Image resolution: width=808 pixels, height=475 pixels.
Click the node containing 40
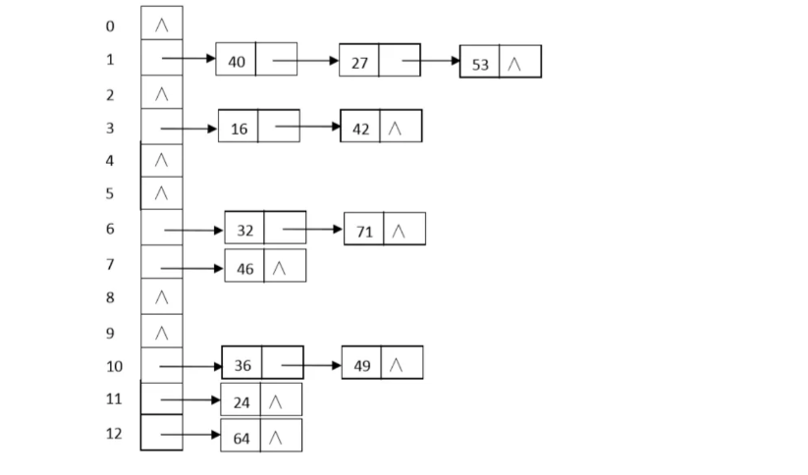point(237,61)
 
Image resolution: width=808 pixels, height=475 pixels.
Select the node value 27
point(359,63)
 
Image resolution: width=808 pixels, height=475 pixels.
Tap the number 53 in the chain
point(480,64)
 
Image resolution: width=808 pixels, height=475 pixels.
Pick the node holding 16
point(239,129)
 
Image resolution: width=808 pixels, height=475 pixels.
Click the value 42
point(361,129)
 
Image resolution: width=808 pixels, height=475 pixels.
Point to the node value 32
point(244,231)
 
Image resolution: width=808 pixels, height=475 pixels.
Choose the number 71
point(364,232)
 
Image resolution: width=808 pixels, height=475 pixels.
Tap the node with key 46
point(244,268)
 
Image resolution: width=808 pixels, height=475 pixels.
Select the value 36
point(242,365)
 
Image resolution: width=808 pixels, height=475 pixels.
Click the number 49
point(362,365)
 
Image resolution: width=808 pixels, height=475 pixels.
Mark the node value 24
point(242,401)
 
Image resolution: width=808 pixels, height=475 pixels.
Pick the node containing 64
point(242,438)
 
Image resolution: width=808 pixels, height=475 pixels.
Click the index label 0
point(110,26)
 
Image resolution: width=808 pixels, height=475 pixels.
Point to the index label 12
point(114,433)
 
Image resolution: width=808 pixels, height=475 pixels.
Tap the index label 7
point(110,265)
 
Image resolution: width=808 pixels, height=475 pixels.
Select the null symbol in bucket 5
point(162,193)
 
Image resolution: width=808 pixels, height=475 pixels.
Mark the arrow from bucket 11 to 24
point(190,400)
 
